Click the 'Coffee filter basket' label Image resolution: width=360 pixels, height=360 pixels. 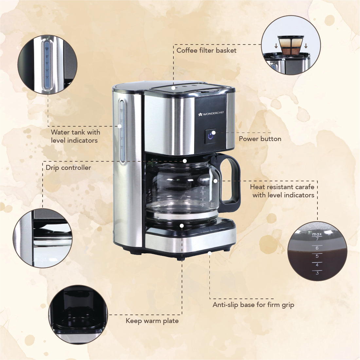click(206, 50)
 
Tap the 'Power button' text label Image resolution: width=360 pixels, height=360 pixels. click(260, 139)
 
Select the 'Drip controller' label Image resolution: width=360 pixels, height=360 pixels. click(68, 168)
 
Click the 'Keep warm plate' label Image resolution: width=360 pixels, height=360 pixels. click(152, 321)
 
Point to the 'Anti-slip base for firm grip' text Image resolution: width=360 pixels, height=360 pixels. click(253, 305)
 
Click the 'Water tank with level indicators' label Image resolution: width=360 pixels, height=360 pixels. click(75, 136)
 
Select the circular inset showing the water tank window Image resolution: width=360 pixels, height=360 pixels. click(47, 65)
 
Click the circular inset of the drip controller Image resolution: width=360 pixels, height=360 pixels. click(43, 238)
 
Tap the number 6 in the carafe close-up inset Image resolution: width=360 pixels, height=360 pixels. click(317, 248)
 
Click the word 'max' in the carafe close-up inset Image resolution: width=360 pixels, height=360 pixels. click(317, 234)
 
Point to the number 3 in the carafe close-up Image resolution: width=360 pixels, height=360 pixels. click(317, 273)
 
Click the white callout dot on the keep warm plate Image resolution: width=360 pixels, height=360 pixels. click(182, 225)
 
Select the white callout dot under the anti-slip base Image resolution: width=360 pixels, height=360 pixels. click(210, 253)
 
